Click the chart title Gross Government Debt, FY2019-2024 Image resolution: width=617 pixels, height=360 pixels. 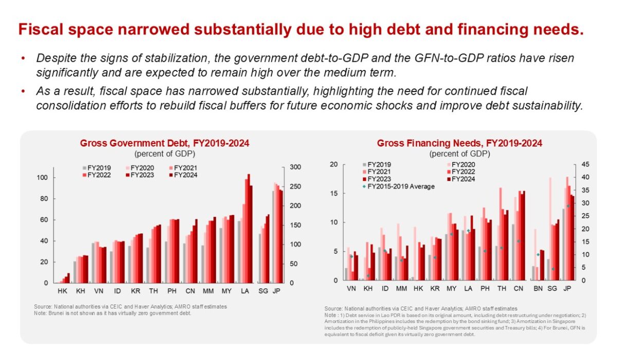pyautogui.click(x=165, y=143)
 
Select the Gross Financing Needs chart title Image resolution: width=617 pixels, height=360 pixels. pyautogui.click(x=459, y=143)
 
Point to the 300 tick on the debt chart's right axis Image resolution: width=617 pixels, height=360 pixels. pyautogui.click(x=295, y=168)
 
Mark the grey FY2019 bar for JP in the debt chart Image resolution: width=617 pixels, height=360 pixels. pyautogui.click(x=273, y=237)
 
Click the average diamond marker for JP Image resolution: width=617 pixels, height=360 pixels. pyautogui.click(x=568, y=206)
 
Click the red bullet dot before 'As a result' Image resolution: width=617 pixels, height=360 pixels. pyautogui.click(x=23, y=92)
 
